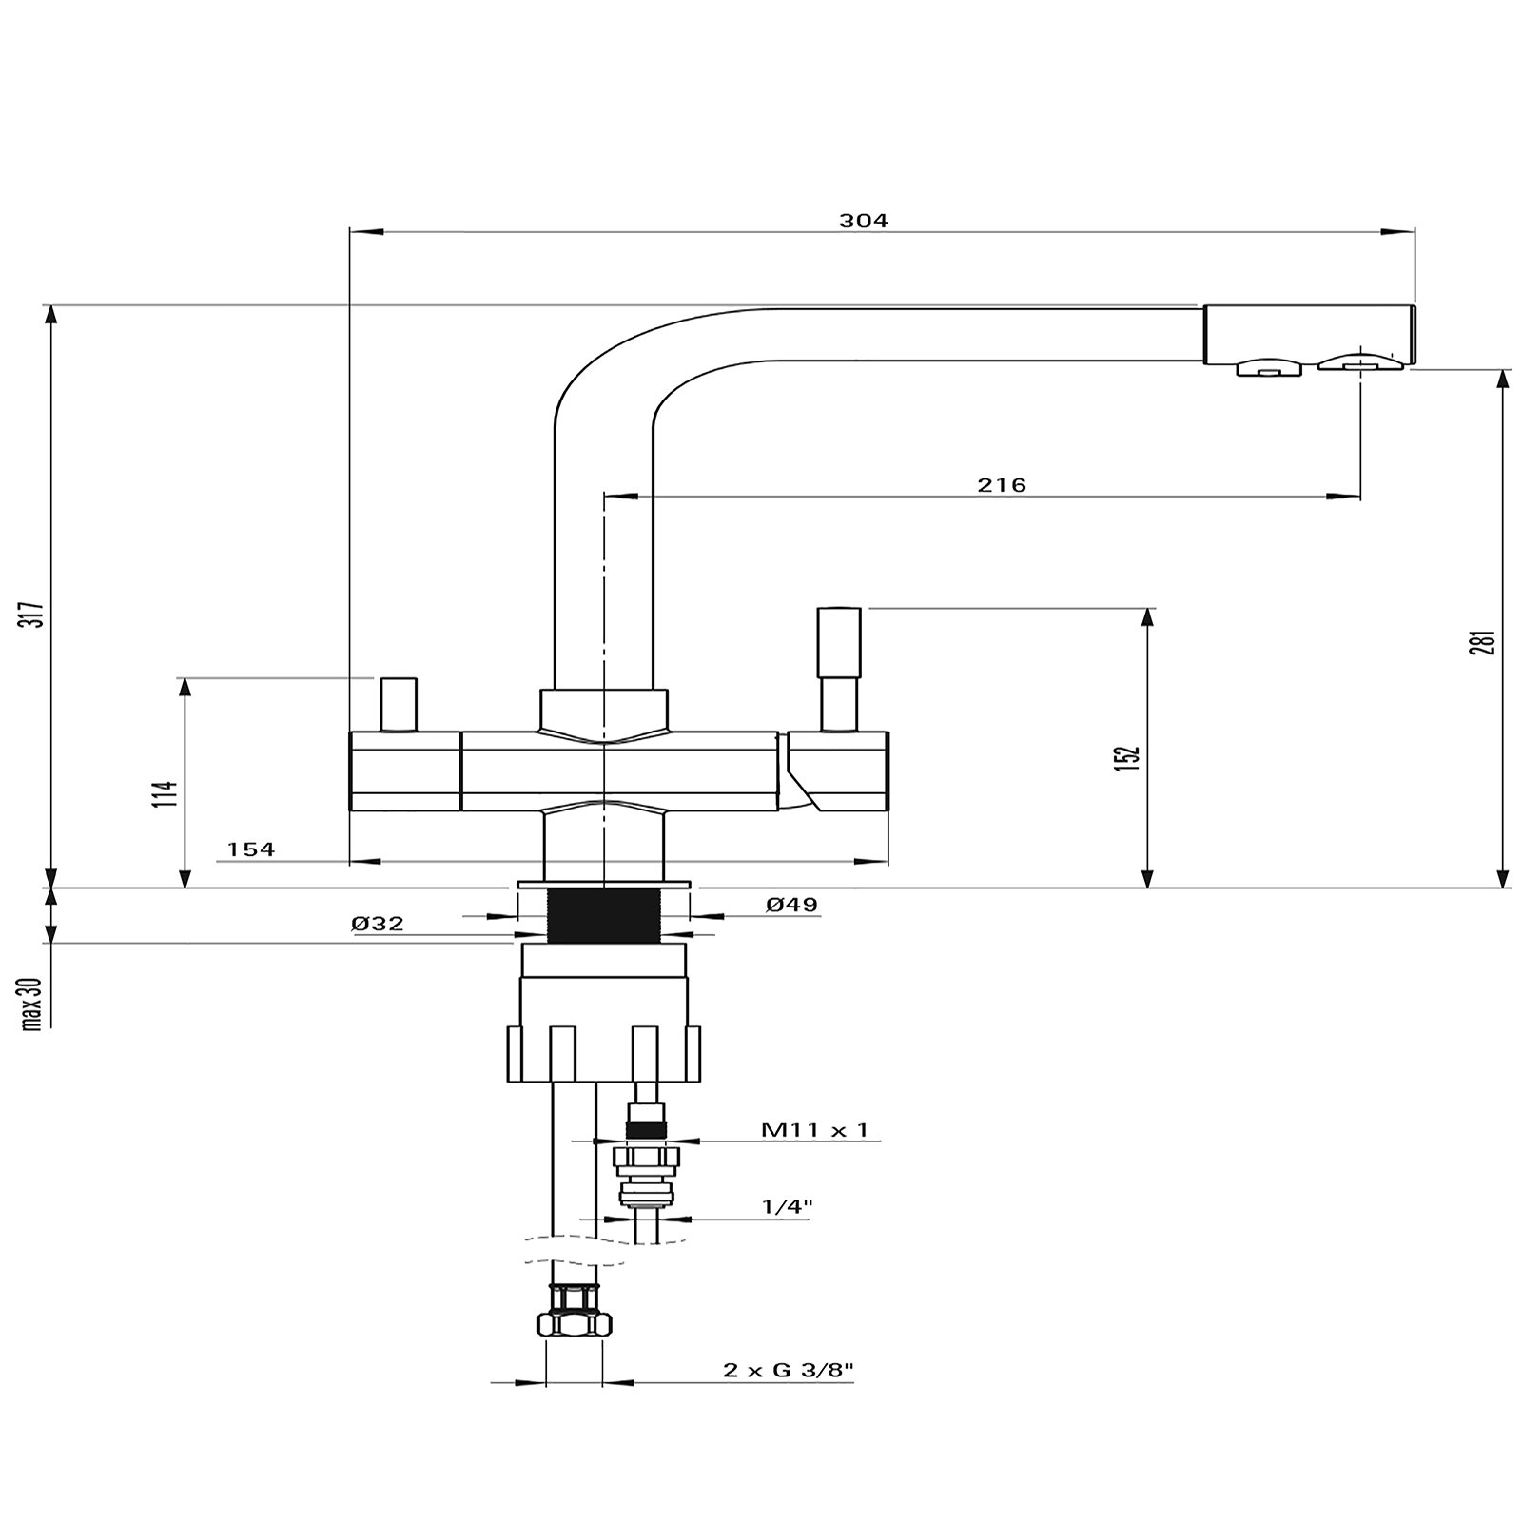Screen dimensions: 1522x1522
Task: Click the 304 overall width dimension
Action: [863, 221]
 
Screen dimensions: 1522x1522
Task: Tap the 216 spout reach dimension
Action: [1002, 485]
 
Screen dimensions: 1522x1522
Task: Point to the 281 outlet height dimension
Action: [1489, 630]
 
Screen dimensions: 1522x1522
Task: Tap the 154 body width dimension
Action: [251, 849]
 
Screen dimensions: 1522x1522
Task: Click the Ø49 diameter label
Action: [791, 905]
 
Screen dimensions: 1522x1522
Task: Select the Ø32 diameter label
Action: [378, 924]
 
